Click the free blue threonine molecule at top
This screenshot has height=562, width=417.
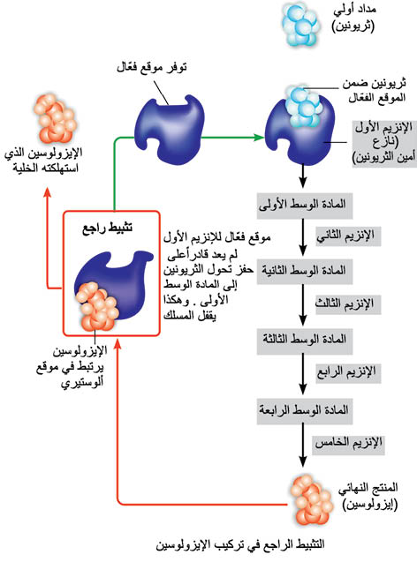tap(300, 24)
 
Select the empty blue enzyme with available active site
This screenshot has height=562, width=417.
tap(170, 128)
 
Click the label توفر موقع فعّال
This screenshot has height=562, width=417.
tap(152, 67)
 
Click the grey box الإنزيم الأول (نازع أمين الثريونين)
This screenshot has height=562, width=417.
tap(384, 143)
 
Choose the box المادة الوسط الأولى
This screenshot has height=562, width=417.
tap(304, 206)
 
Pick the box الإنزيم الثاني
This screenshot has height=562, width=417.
tap(347, 236)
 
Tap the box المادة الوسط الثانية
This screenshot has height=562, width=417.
tap(304, 271)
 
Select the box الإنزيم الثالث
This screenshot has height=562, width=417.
tap(347, 304)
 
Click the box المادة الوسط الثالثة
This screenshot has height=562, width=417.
tap(304, 340)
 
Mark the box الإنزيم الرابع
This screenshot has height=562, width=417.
tap(347, 372)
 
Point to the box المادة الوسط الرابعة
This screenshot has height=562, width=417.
tap(304, 410)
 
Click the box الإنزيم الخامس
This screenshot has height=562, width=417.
tap(348, 445)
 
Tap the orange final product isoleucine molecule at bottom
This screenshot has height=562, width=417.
tap(310, 500)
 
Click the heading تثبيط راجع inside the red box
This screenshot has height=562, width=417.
tap(108, 228)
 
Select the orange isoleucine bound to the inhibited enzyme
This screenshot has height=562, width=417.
tap(96, 306)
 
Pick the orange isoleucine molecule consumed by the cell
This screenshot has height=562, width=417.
tap(55, 118)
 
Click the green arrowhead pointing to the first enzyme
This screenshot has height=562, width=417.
tap(258, 138)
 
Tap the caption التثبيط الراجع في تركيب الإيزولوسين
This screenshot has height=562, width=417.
tap(239, 545)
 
